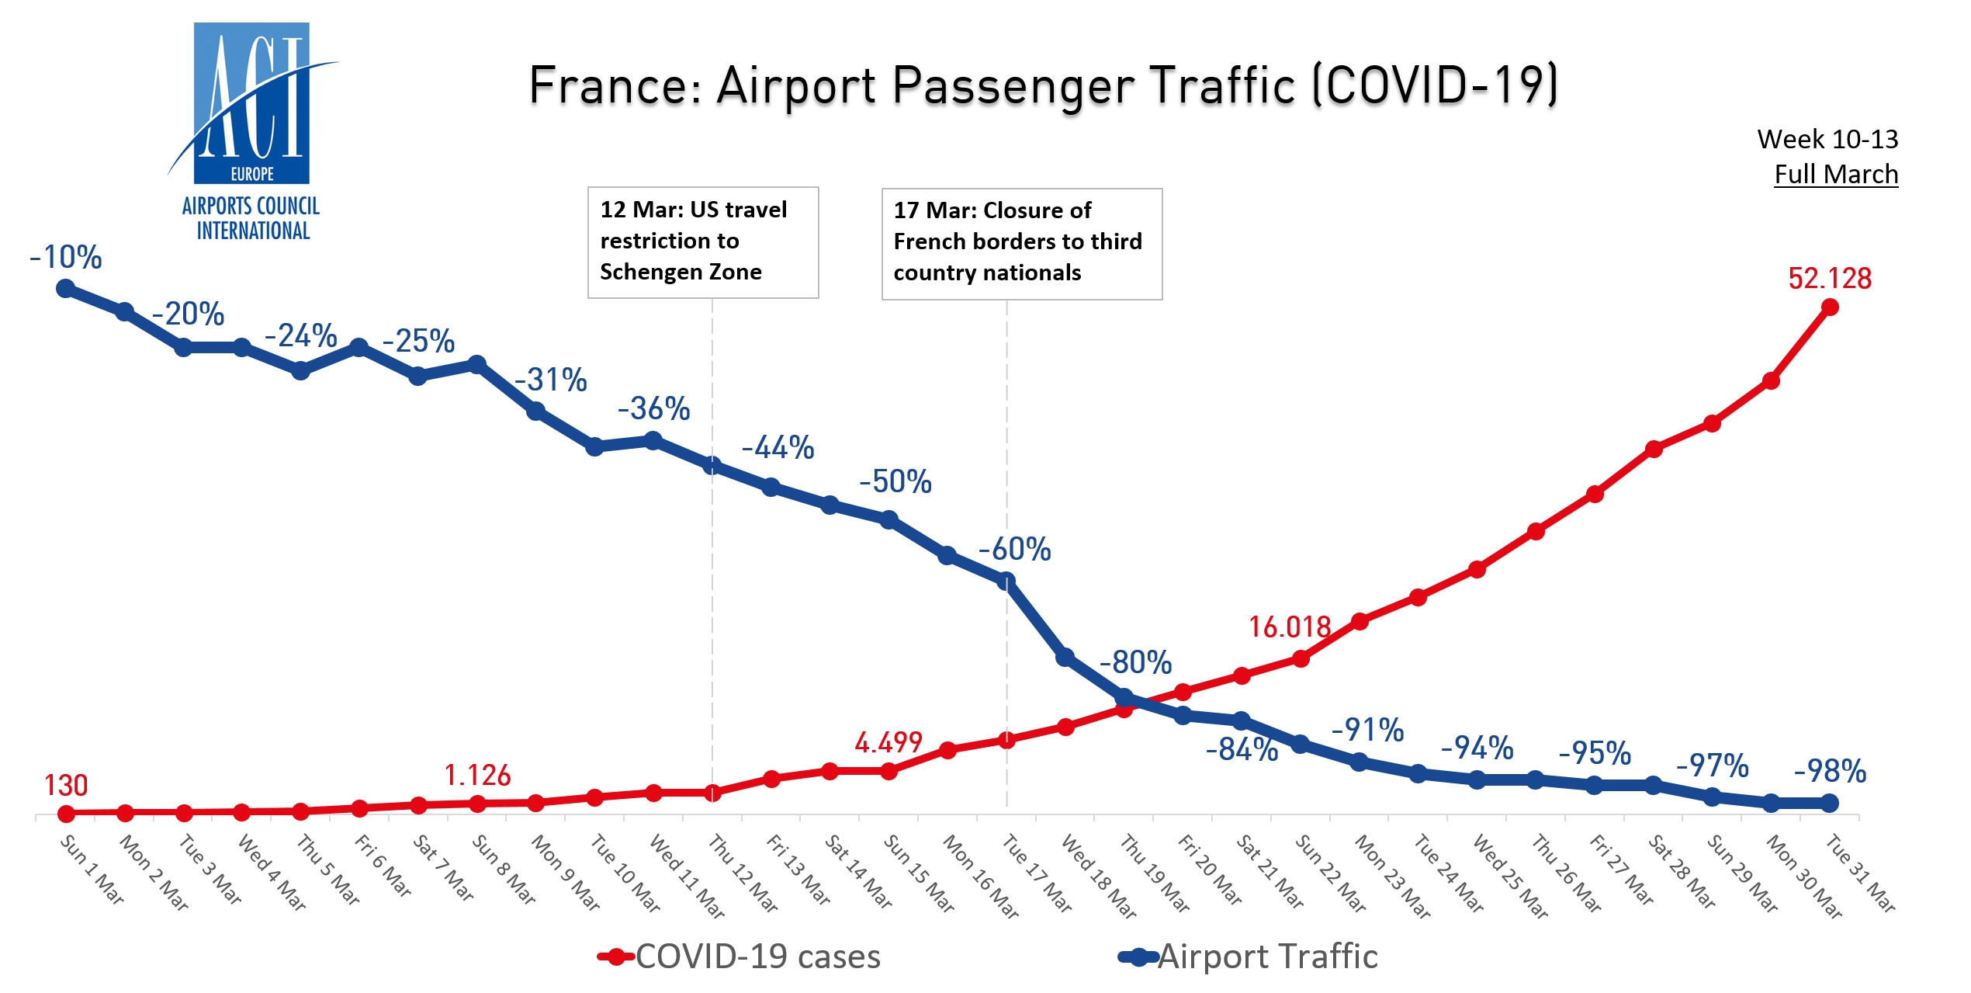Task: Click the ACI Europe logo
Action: click(x=251, y=132)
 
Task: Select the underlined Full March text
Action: click(x=1836, y=175)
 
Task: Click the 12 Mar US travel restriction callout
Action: click(x=702, y=241)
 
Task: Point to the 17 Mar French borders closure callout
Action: click(x=1021, y=242)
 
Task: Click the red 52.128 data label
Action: click(x=1829, y=279)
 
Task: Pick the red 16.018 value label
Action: click(x=1289, y=627)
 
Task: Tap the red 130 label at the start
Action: click(x=66, y=786)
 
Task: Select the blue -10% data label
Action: click(x=66, y=258)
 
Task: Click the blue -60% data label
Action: click(x=1014, y=550)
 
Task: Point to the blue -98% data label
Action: click(x=1830, y=772)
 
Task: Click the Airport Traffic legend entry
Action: click(x=1249, y=957)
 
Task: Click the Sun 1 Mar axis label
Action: click(x=92, y=870)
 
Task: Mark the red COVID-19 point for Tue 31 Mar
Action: click(x=1829, y=307)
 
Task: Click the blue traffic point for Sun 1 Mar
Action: click(x=66, y=289)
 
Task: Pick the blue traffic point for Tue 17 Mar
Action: click(x=1006, y=581)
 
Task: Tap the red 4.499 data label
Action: click(x=888, y=743)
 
